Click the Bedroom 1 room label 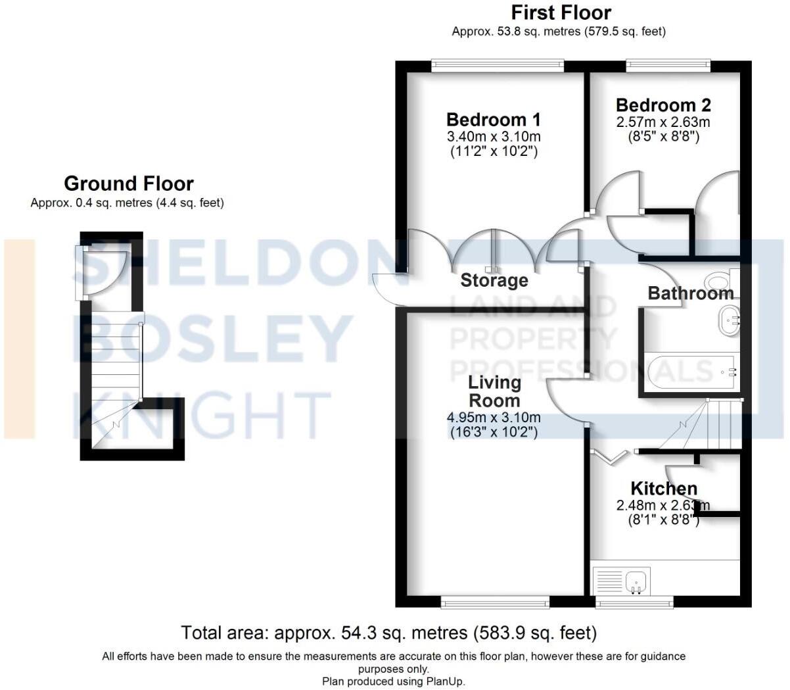pyautogui.click(x=493, y=120)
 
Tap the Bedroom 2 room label pyautogui.click(x=662, y=105)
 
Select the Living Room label pyautogui.click(x=494, y=391)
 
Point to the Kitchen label pyautogui.click(x=664, y=488)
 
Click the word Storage pyautogui.click(x=494, y=280)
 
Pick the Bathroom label pyautogui.click(x=690, y=293)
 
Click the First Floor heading pyautogui.click(x=561, y=12)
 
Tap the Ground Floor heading pyautogui.click(x=129, y=184)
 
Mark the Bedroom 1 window pyautogui.click(x=498, y=65)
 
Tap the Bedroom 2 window pyautogui.click(x=668, y=65)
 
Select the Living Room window pyautogui.click(x=494, y=601)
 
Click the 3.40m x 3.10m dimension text pyautogui.click(x=493, y=137)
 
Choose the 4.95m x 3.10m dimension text pyautogui.click(x=494, y=417)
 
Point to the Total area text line pyautogui.click(x=389, y=633)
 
